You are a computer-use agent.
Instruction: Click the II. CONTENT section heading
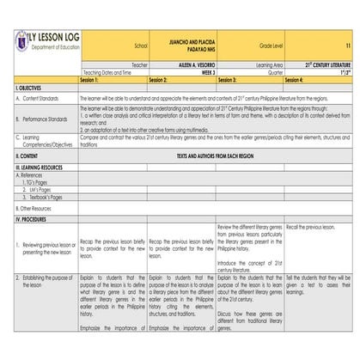coord(27,156)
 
